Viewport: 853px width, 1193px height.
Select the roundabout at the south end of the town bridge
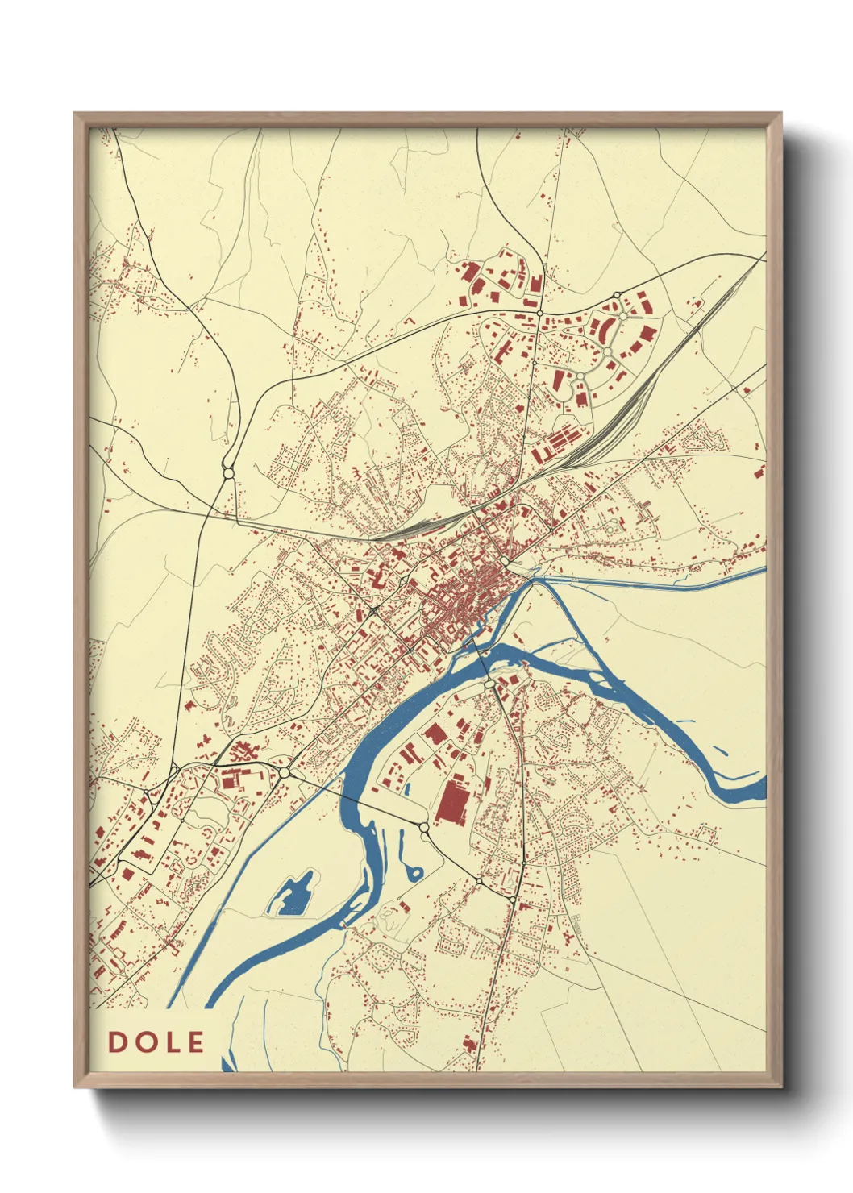coord(489,684)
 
